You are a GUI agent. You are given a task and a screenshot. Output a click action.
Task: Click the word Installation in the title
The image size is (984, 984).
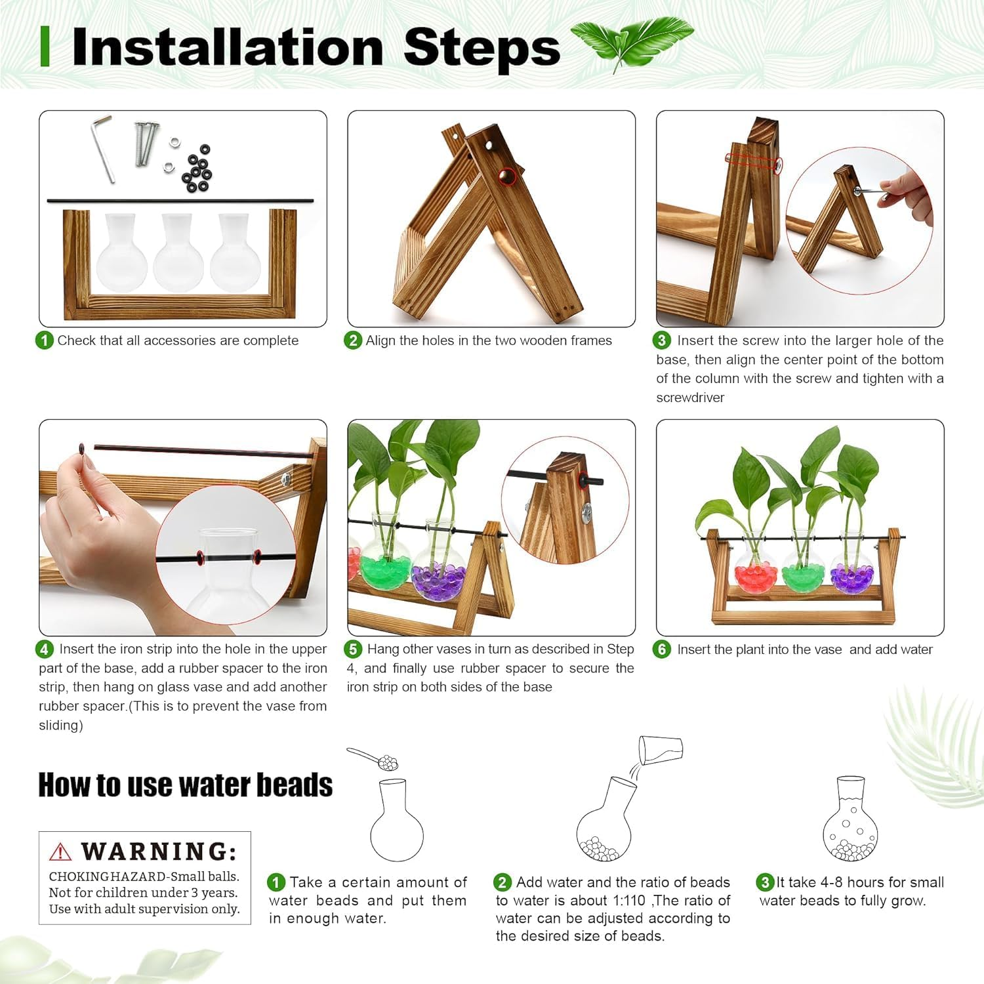(227, 47)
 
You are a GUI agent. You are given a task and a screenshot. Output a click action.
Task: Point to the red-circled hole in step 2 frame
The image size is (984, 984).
(506, 176)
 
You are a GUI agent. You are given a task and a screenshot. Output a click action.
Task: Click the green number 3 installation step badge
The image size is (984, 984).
(661, 340)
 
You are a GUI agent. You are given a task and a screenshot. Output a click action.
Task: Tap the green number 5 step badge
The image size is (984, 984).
(353, 649)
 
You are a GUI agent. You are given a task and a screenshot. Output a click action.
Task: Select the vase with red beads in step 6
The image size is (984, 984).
(756, 564)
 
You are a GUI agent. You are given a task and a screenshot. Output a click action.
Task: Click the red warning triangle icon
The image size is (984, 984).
(60, 851)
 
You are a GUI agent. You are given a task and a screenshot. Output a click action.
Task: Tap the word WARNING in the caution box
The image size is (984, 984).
(159, 851)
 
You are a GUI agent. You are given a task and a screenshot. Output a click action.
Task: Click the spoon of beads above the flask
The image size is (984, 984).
(375, 759)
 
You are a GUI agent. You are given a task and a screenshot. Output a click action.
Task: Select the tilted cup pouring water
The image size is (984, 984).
(661, 749)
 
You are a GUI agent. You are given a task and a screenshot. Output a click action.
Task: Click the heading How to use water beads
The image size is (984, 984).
(186, 785)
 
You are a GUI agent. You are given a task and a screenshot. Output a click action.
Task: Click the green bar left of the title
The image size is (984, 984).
(45, 47)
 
